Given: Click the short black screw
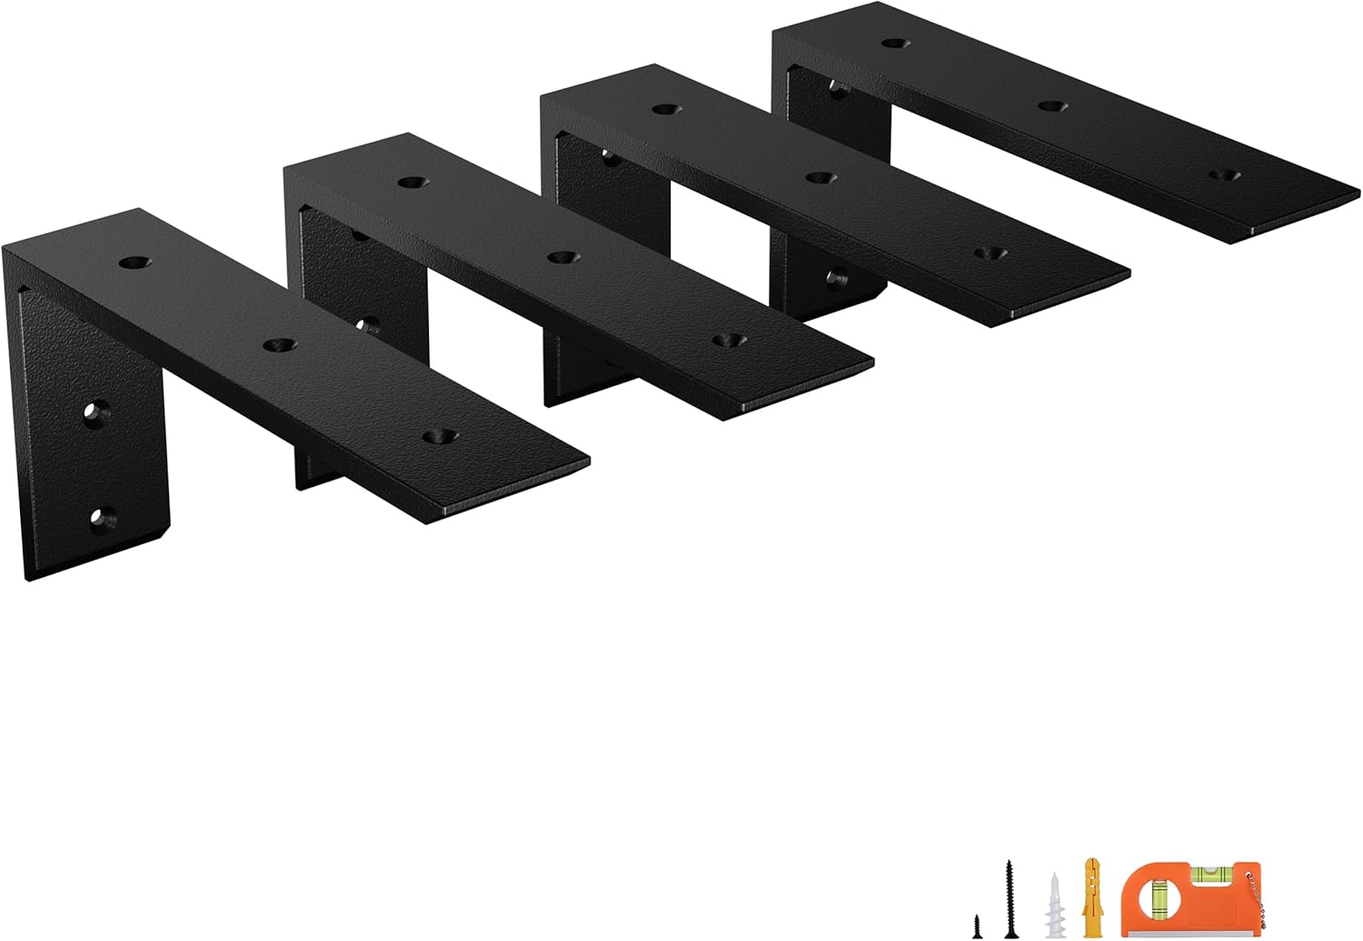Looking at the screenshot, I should tap(977, 926).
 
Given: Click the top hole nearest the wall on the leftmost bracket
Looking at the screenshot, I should tap(134, 262).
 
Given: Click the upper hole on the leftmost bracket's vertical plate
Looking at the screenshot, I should tap(94, 412).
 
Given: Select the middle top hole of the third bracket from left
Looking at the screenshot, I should tap(819, 178).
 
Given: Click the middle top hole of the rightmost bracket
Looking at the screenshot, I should tap(1051, 105).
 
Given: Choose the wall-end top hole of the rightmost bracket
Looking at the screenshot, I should tap(896, 42).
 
